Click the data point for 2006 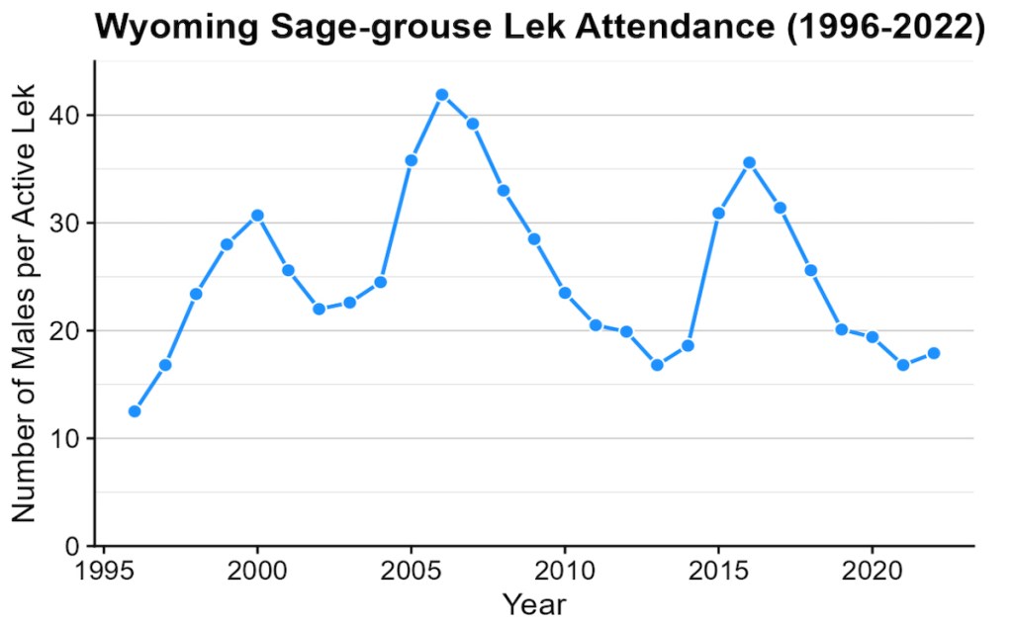tap(442, 95)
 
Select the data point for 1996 tap(135, 411)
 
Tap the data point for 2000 tap(257, 216)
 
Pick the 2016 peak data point tap(749, 162)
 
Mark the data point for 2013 tap(657, 365)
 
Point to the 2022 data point tap(934, 353)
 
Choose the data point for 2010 tap(565, 293)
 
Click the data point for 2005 tap(412, 160)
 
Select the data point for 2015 tap(718, 213)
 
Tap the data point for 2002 tap(319, 309)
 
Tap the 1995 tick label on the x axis tap(104, 571)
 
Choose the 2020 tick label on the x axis tap(872, 571)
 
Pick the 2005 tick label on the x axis tap(412, 571)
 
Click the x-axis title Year tap(534, 603)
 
